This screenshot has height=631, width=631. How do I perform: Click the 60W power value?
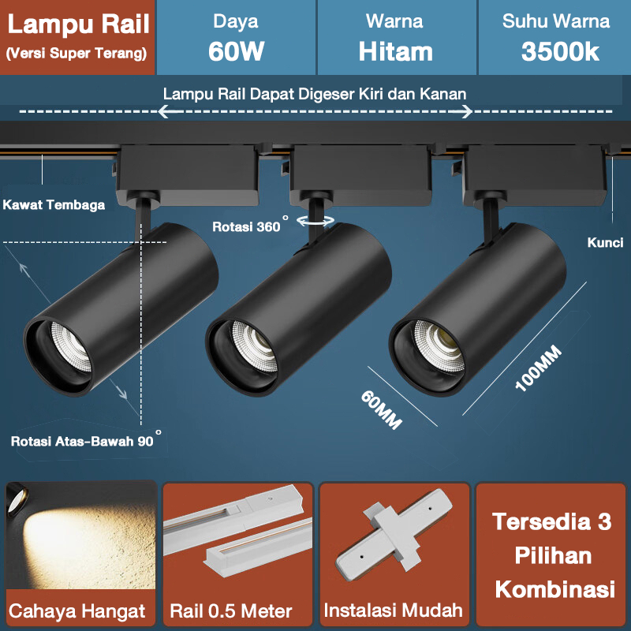click(x=236, y=52)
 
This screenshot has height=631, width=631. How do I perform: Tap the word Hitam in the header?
click(x=395, y=52)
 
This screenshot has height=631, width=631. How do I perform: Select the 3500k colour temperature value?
click(x=561, y=52)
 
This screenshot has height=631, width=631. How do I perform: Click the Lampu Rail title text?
click(x=78, y=24)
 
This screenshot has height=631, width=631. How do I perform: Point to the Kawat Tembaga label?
click(x=54, y=205)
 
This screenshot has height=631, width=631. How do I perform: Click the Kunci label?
click(x=605, y=243)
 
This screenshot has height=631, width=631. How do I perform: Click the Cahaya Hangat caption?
click(x=77, y=611)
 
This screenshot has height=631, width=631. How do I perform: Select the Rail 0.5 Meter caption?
click(x=231, y=611)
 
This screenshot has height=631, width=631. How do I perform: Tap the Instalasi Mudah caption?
click(x=393, y=610)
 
